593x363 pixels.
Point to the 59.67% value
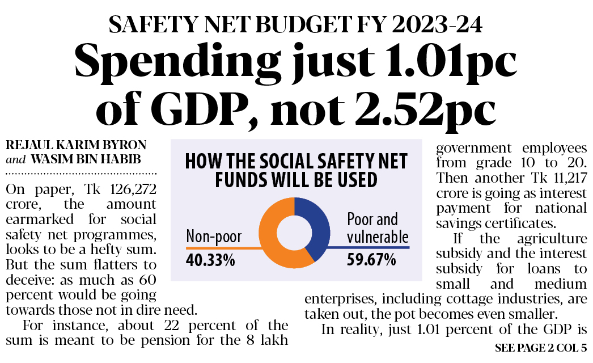click(x=371, y=261)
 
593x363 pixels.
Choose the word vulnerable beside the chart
click(x=378, y=237)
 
